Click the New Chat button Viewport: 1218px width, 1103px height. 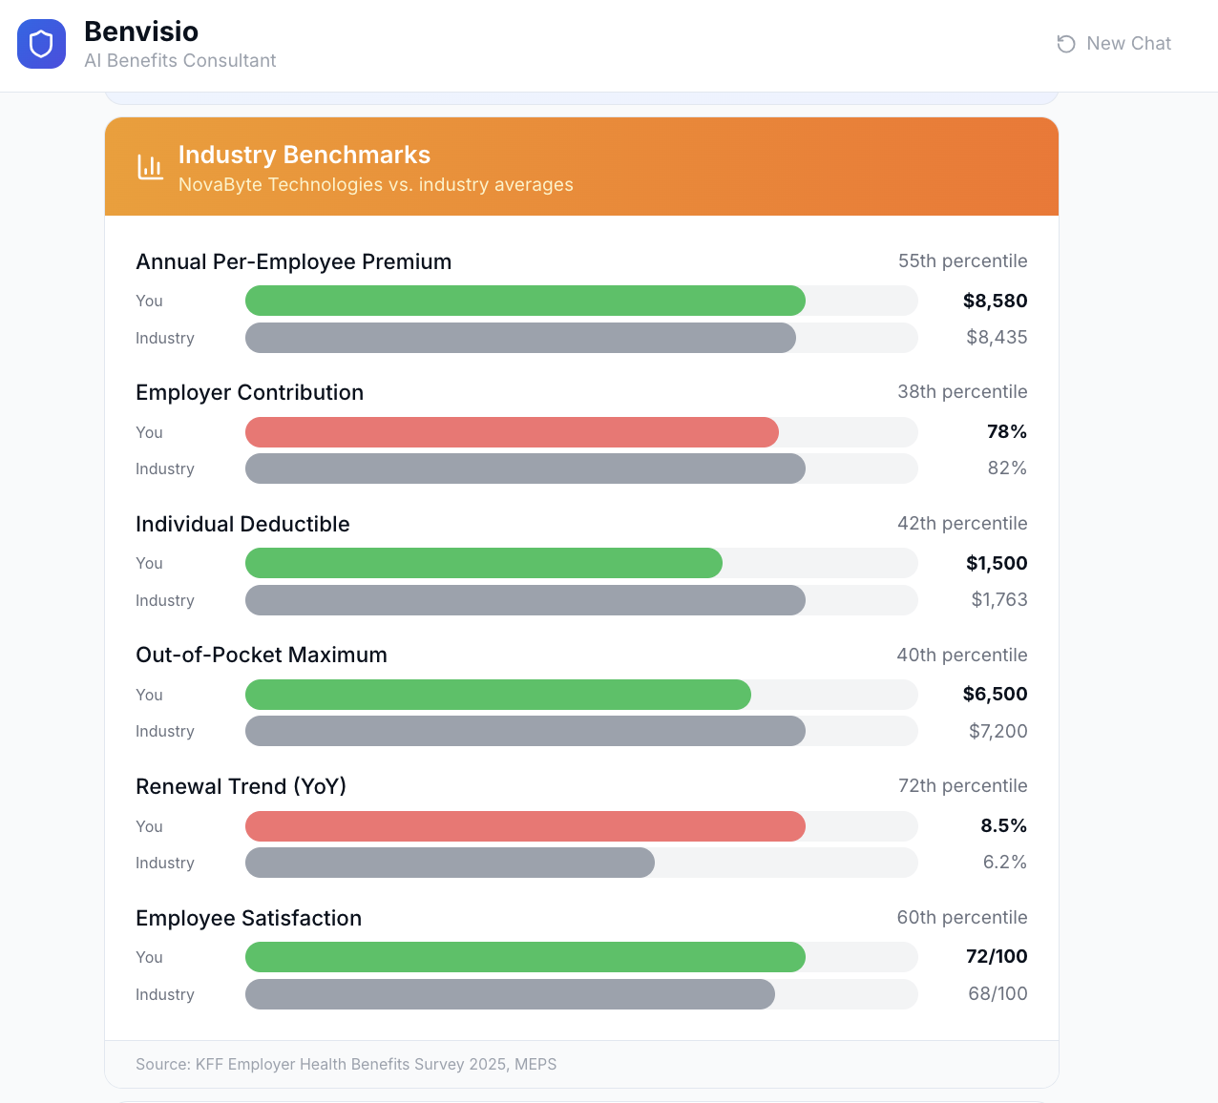[x=1114, y=44]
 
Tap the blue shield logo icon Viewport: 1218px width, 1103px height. [x=41, y=44]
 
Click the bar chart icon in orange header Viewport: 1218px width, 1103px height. [x=150, y=167]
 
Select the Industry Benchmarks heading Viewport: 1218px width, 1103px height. [x=304, y=155]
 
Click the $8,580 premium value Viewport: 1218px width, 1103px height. [x=995, y=301]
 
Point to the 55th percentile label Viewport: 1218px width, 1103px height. [x=962, y=261]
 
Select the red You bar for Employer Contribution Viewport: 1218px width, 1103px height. [x=512, y=432]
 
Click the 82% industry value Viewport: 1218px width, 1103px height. [x=1007, y=468]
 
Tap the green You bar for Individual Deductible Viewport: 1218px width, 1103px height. [x=484, y=563]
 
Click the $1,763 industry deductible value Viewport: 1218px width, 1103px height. [x=998, y=599]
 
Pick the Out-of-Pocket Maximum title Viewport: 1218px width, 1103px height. [x=262, y=655]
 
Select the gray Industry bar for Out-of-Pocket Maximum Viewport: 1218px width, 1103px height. [x=525, y=731]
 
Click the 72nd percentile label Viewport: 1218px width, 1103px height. [x=962, y=786]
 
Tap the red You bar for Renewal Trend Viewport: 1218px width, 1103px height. [x=525, y=826]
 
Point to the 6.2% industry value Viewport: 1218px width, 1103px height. [x=1004, y=862]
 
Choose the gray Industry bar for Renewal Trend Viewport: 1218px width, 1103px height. [x=450, y=863]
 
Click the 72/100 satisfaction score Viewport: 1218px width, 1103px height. [x=997, y=956]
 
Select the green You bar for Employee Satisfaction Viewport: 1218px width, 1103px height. [x=525, y=957]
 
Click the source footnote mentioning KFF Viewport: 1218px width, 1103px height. [x=346, y=1064]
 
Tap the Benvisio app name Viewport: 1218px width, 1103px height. [x=141, y=31]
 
